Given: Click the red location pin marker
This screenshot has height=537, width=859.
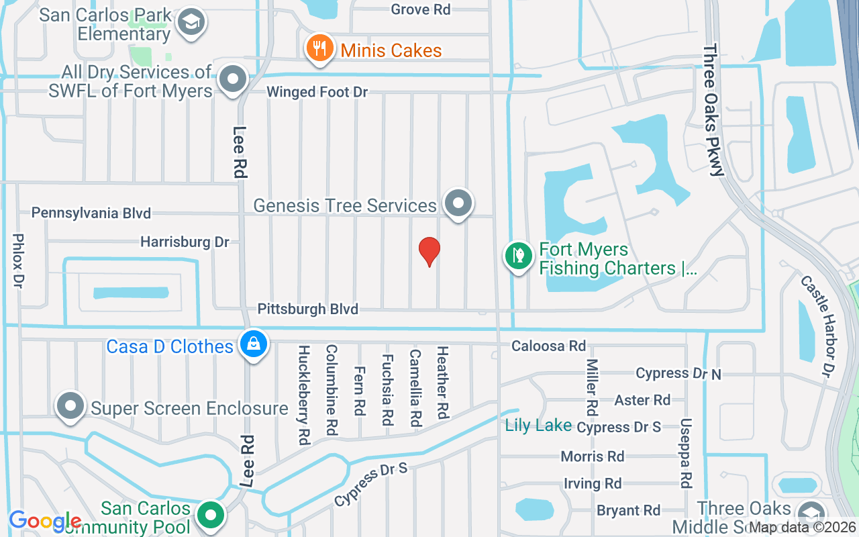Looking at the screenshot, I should tap(429, 252).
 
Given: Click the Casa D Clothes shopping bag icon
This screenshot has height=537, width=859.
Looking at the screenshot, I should tap(254, 344).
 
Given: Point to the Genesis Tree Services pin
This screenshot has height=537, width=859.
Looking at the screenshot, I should tap(459, 202).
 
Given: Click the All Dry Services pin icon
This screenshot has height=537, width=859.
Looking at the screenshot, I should tap(234, 79).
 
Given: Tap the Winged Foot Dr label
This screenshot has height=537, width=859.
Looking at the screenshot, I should tap(317, 92).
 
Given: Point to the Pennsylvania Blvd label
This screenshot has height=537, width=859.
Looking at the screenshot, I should tap(91, 213).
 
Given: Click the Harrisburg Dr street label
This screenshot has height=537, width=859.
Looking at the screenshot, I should tap(185, 242).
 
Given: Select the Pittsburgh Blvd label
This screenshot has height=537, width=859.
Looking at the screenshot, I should tap(308, 309).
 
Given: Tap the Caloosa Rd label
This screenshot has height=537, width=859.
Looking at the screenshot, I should tap(548, 346).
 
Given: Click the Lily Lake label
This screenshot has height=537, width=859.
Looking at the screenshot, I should tap(538, 425).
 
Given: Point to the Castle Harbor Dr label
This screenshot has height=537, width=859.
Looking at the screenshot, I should tap(816, 326).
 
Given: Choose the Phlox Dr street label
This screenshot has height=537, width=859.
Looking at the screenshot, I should tap(19, 261).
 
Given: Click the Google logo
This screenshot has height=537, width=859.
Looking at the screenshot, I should tap(45, 522).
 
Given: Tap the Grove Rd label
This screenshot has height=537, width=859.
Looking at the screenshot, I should tap(421, 9).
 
